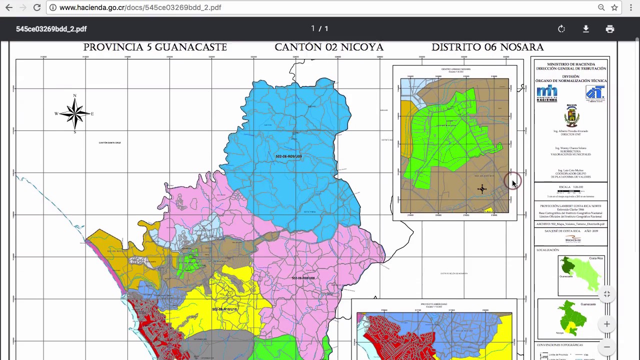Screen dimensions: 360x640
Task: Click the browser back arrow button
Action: click(9, 7)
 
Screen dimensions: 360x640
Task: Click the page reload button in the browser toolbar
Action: click(37, 7)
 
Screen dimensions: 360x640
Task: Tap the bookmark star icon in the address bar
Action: click(614, 7)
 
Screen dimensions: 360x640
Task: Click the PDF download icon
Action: click(585, 29)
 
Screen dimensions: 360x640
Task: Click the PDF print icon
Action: click(609, 29)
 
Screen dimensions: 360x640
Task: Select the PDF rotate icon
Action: click(561, 29)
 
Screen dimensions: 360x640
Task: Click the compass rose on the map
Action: click(74, 113)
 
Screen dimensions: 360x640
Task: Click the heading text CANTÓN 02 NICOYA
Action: click(329, 47)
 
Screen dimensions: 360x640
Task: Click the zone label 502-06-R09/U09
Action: click(288, 156)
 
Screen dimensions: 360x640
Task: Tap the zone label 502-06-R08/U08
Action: click(303, 278)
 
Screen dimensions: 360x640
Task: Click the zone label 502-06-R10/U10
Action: click(224, 309)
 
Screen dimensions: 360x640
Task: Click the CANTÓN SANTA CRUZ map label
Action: click(109, 143)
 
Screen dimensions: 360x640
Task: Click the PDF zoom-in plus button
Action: click(606, 324)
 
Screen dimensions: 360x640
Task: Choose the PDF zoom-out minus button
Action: click(606, 346)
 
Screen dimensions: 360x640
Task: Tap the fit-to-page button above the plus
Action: click(606, 294)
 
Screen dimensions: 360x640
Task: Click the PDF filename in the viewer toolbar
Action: click(51, 29)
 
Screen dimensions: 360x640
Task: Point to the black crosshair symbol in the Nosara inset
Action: click(482, 189)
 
